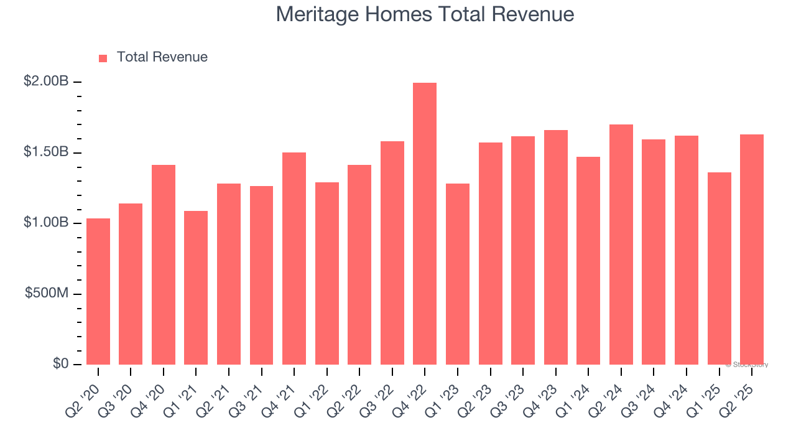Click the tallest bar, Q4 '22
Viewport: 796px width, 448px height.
click(x=425, y=224)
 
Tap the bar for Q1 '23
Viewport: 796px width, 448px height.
click(x=458, y=274)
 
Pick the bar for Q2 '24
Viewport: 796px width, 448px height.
click(x=621, y=245)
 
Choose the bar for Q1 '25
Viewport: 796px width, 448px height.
click(x=719, y=268)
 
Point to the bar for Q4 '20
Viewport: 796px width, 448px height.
click(x=164, y=264)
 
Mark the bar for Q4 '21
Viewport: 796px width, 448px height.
click(x=294, y=258)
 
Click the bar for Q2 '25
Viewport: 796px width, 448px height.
click(x=751, y=250)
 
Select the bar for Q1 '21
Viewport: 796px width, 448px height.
click(x=196, y=287)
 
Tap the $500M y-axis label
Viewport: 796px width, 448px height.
click(x=47, y=293)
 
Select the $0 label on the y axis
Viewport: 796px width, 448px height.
click(x=60, y=363)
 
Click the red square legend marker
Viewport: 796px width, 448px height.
click(x=103, y=58)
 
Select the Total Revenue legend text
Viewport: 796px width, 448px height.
click(x=162, y=57)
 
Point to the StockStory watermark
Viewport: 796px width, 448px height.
click(x=747, y=365)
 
